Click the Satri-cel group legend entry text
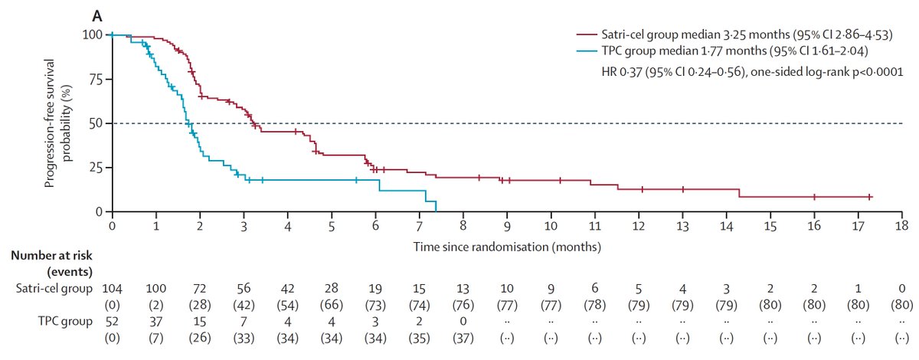click(x=731, y=34)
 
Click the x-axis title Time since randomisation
click(x=506, y=247)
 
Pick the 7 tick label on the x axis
click(x=419, y=227)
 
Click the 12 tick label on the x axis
click(x=639, y=227)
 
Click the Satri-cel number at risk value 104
click(x=113, y=289)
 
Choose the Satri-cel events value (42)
click(x=244, y=305)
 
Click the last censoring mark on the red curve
click(x=870, y=197)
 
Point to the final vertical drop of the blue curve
click(x=436, y=205)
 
